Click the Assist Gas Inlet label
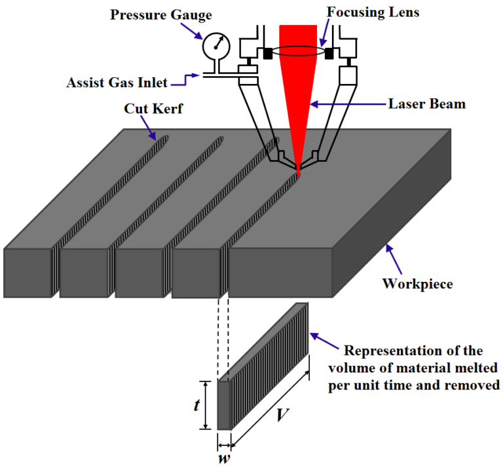coord(117,83)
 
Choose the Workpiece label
coord(418,285)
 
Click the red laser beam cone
coord(299,79)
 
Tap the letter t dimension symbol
coord(196,406)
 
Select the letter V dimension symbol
coord(280,416)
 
